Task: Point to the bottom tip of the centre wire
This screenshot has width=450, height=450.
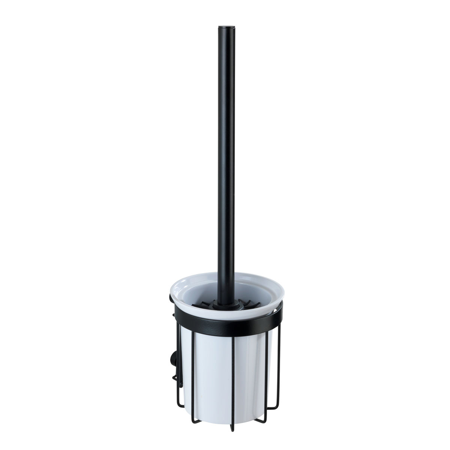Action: tap(225, 405)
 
